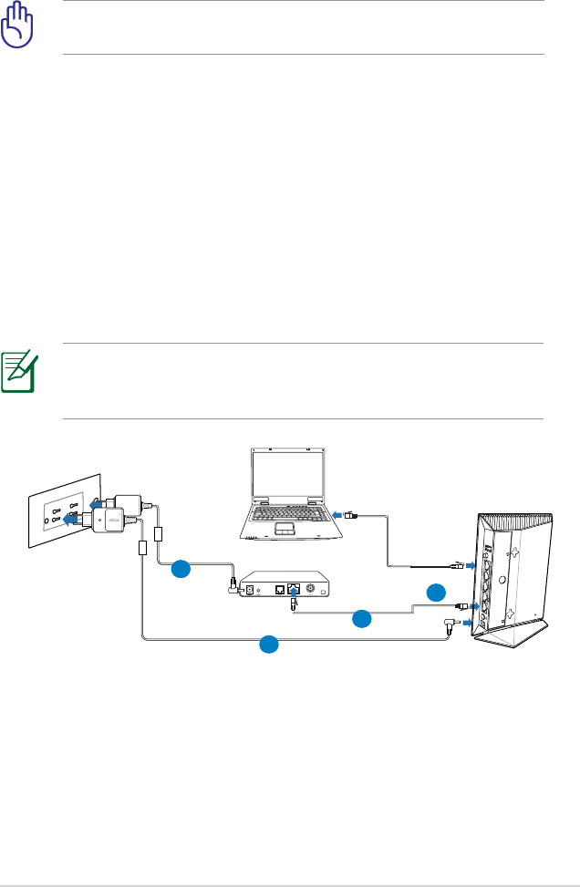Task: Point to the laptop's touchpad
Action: (x=285, y=529)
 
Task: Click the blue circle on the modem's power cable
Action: (x=181, y=570)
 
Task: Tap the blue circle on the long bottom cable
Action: (x=267, y=645)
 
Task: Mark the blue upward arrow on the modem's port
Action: (x=291, y=590)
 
